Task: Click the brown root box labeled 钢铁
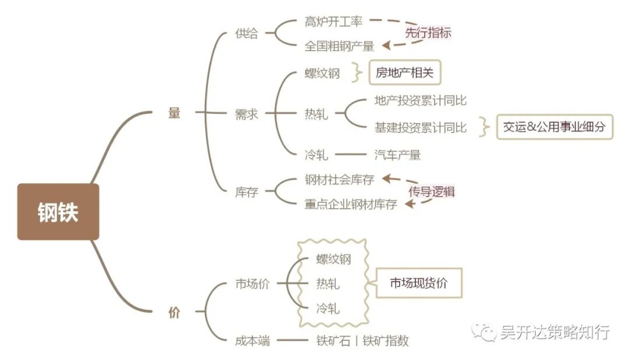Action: [58, 212]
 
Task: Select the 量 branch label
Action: [174, 113]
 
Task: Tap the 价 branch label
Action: [174, 312]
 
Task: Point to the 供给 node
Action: [246, 33]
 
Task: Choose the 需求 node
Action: [246, 114]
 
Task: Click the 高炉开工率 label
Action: [334, 22]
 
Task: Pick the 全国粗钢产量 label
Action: [339, 46]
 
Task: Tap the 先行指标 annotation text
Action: [428, 33]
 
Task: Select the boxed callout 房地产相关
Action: [404, 73]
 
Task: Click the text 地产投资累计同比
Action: [420, 101]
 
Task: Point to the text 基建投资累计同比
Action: [420, 127]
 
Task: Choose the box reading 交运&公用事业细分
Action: [555, 127]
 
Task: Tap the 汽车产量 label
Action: [397, 155]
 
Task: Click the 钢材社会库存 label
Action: [339, 179]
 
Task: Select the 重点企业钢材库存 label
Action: [351, 204]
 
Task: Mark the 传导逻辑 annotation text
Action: [431, 191]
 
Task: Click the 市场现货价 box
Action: [418, 283]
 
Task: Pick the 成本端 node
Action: [252, 341]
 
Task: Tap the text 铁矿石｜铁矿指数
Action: [362, 341]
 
